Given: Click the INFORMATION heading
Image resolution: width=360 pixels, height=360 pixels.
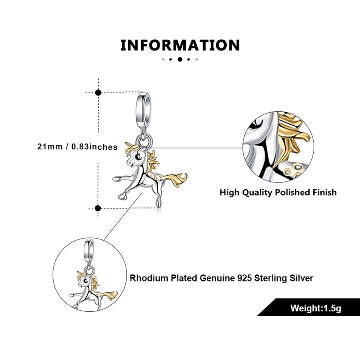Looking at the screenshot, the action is click(x=180, y=45).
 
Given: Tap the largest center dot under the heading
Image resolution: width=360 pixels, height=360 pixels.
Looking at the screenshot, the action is click(x=180, y=59).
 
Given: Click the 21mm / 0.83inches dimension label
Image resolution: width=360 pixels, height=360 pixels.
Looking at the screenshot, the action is click(x=77, y=147).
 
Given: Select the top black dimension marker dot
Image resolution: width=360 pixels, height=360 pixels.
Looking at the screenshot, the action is click(x=98, y=93).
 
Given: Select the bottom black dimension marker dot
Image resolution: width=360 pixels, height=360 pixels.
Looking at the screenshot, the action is click(x=98, y=208).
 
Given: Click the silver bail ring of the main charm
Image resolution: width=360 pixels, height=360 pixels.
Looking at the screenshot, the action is click(x=144, y=105).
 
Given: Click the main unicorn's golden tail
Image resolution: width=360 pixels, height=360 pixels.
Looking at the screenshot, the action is click(x=176, y=179).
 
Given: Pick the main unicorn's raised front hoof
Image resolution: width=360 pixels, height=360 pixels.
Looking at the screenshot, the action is click(x=116, y=179).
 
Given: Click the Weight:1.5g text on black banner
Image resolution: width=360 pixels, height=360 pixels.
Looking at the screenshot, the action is click(x=316, y=308).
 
